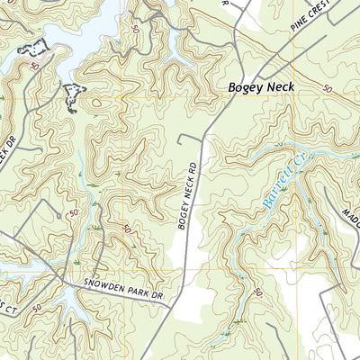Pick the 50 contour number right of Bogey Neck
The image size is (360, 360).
(326, 89)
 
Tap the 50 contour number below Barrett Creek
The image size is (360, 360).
(258, 293)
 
